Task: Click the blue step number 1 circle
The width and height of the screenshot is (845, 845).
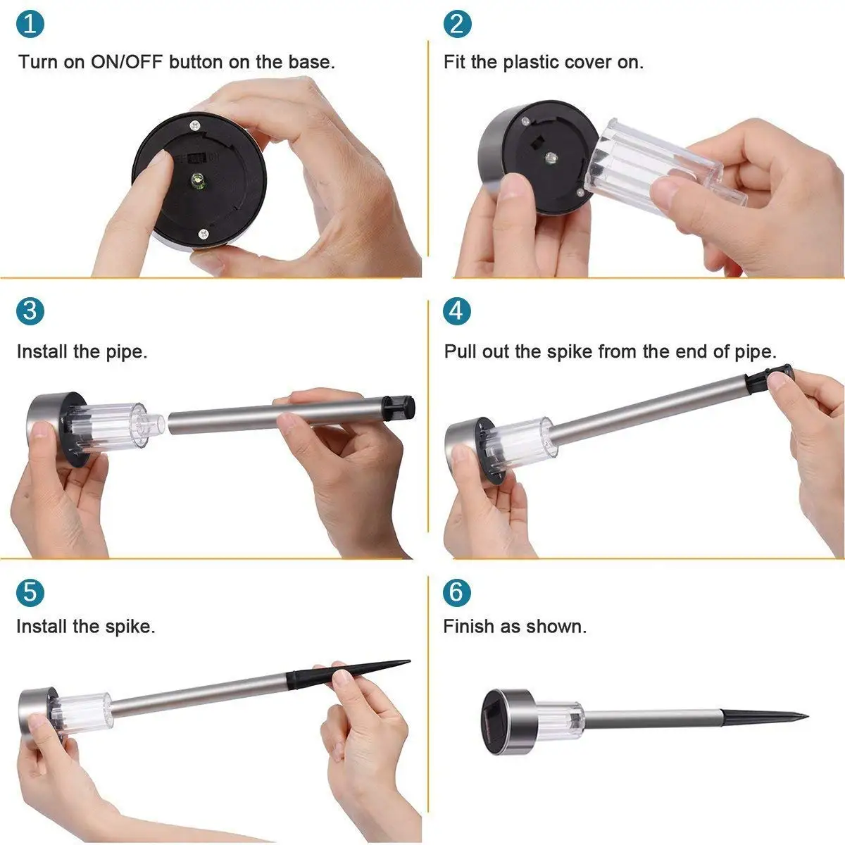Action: [30, 24]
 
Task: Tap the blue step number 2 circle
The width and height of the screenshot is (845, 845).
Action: [458, 24]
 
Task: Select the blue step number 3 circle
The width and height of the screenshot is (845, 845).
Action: [30, 311]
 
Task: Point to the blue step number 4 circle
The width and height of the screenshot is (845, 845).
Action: [457, 311]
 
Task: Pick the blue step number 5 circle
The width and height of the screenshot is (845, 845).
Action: [30, 592]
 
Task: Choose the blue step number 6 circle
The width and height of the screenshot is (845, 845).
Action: [457, 592]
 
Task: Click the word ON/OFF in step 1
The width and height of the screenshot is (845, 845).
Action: [127, 62]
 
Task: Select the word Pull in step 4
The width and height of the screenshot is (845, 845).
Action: [460, 351]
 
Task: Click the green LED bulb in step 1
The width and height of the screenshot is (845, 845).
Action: [196, 179]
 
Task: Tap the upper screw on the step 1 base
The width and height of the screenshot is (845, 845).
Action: [195, 126]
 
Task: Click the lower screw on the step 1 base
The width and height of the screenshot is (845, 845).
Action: [203, 234]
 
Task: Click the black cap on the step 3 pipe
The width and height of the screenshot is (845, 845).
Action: [399, 407]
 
